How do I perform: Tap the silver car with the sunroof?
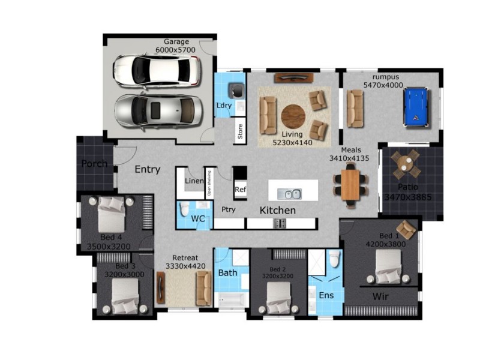coord(159,111)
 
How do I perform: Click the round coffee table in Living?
coord(293,116)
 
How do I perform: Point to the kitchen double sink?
coord(289,194)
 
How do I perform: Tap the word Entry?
coord(147,170)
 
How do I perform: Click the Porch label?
coord(95,164)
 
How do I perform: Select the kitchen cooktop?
coord(280,223)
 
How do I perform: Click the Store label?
coord(240,132)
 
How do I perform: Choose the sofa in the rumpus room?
coord(355,108)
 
